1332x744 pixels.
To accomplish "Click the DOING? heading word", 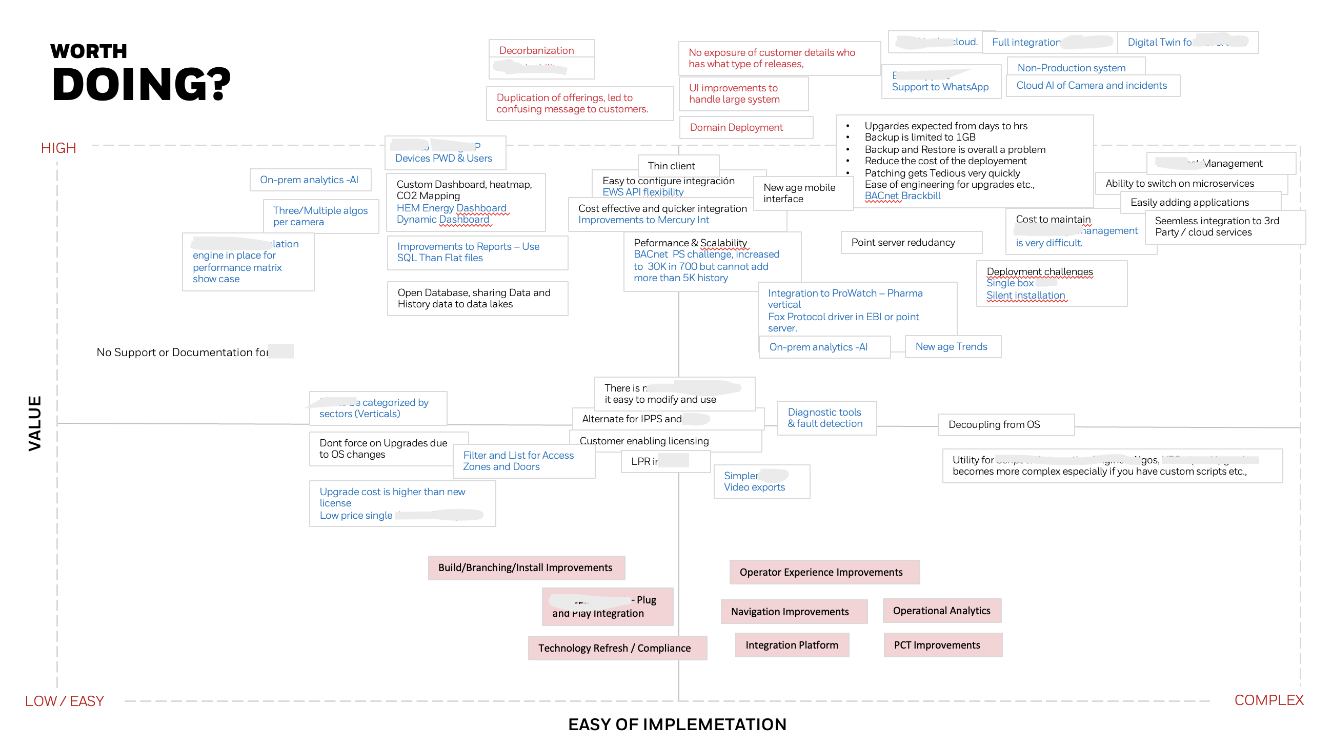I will (x=140, y=84).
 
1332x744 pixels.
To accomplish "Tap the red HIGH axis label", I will (x=58, y=148).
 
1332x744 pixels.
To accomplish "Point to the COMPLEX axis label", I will (x=1268, y=700).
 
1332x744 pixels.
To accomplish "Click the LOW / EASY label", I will (x=65, y=701).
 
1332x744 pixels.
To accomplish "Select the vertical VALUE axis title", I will (x=35, y=423).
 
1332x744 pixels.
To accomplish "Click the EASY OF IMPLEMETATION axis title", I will (x=677, y=725).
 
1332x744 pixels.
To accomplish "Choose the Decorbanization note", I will (x=536, y=50).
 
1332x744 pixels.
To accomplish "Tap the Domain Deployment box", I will (x=736, y=127).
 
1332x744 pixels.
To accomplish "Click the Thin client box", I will (x=671, y=166).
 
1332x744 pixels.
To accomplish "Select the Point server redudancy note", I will (x=903, y=242).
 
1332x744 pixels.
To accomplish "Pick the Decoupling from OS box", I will (x=994, y=424).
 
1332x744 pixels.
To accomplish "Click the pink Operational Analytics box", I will (x=941, y=611).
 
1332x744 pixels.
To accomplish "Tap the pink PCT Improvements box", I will (x=936, y=644).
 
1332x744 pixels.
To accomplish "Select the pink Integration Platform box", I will (x=791, y=644).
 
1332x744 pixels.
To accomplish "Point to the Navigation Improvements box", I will (x=790, y=612).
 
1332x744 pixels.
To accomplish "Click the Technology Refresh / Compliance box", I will (x=614, y=648).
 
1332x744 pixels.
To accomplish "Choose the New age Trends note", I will (x=951, y=346).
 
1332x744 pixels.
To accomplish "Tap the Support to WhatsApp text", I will (x=940, y=86).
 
